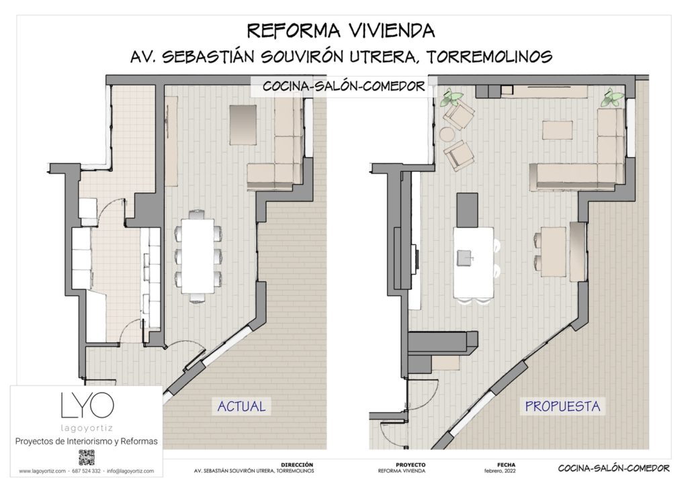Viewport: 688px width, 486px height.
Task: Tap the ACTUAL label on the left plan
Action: click(241, 405)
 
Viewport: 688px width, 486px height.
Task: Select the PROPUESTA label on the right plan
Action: click(562, 405)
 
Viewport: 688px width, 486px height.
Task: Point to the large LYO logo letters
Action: click(87, 404)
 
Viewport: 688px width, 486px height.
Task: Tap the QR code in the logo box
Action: click(86, 458)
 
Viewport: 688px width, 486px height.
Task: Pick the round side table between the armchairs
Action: click(448, 135)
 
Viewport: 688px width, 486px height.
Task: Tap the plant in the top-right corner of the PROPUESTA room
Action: click(612, 99)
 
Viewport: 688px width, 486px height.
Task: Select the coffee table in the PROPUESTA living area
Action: click(558, 129)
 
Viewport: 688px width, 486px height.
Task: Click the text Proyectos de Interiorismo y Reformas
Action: click(86, 441)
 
